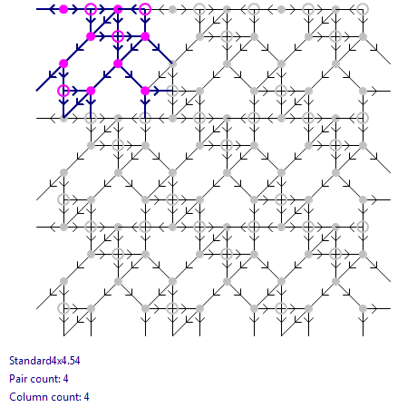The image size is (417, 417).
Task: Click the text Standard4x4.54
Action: pyautogui.click(x=44, y=361)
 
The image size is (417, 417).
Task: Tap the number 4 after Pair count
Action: pyautogui.click(x=65, y=379)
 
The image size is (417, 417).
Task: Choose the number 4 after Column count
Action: pyautogui.click(x=86, y=397)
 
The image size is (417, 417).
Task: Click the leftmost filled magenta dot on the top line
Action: pyautogui.click(x=63, y=9)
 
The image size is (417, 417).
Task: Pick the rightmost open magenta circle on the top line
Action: pyautogui.click(x=145, y=9)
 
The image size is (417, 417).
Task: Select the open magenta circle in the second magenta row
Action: pyautogui.click(x=118, y=36)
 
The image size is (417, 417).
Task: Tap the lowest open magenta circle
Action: pyautogui.click(x=63, y=91)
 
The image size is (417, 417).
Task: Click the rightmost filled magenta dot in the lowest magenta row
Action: pyautogui.click(x=145, y=91)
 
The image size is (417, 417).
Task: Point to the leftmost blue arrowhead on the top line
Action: pyautogui.click(x=52, y=9)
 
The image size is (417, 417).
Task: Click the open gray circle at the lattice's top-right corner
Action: pyautogui.click(x=363, y=9)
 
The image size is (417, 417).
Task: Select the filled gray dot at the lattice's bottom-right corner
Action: pyautogui.click(x=363, y=308)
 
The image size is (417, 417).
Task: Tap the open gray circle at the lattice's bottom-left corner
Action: pyautogui.click(x=63, y=308)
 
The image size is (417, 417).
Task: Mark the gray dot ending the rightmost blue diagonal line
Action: pyautogui.click(x=172, y=63)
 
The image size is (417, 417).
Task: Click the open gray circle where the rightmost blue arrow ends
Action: pyautogui.click(x=172, y=91)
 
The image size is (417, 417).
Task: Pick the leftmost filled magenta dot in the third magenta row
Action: pyautogui.click(x=63, y=63)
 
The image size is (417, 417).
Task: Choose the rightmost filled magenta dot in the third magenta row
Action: pyautogui.click(x=118, y=63)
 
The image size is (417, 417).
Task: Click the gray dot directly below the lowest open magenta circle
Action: pyautogui.click(x=63, y=118)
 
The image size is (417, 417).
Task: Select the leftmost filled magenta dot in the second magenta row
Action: pyautogui.click(x=91, y=36)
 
